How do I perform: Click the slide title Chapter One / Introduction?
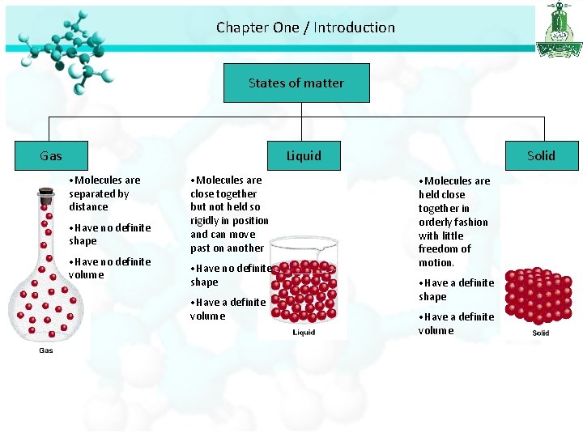305,28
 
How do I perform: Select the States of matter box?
296,83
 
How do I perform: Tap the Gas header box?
51,155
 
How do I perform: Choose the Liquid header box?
304,155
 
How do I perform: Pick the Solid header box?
541,155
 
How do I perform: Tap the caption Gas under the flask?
46,350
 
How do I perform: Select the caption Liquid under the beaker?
304,333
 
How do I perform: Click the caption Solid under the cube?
540,333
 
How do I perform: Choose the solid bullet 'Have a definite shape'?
456,289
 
